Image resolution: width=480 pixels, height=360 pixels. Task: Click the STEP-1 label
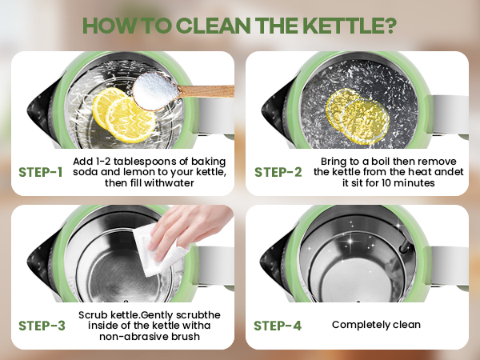coord(41,172)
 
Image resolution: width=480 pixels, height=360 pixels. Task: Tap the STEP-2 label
coord(278,172)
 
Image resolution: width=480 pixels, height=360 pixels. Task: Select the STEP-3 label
coord(42,326)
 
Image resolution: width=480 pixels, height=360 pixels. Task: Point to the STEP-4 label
coord(278,326)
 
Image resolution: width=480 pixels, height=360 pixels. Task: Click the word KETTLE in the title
coord(342,26)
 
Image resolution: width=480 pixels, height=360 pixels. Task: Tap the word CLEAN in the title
coord(214,26)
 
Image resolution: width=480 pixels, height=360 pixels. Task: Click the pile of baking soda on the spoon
coord(155,90)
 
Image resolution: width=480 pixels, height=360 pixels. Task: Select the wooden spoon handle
coord(206,91)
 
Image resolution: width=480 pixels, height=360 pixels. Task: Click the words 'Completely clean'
coord(376,325)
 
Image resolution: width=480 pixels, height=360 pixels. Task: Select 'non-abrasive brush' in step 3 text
coord(150,337)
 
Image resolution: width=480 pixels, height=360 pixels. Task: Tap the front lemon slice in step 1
coord(130,120)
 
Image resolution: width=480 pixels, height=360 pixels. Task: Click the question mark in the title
coord(389,26)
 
